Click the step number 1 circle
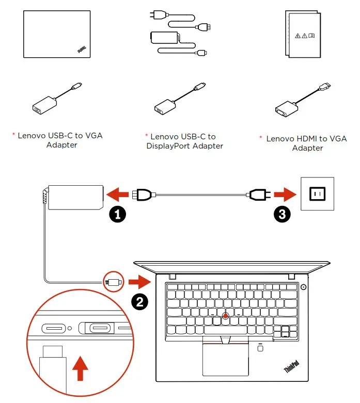pos(117,214)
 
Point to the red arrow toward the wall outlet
pos(285,195)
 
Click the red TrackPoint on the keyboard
pos(226,315)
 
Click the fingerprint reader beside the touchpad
pos(260,349)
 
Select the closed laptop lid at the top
pos(56,35)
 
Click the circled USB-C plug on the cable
pos(113,282)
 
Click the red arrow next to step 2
pos(138,282)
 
